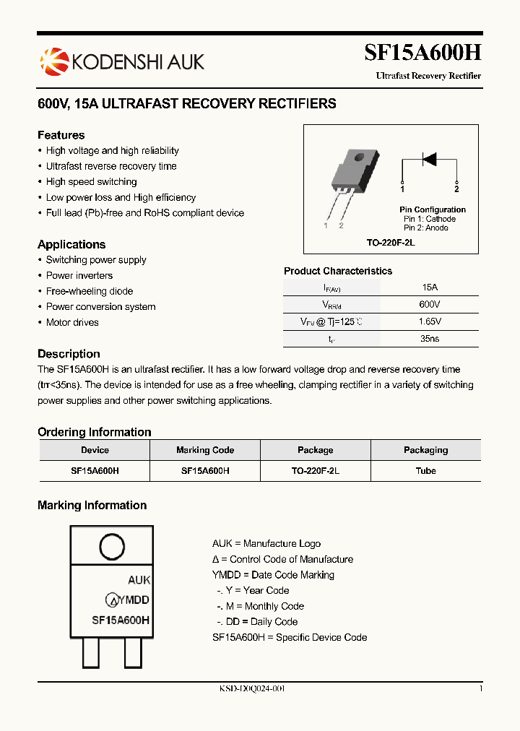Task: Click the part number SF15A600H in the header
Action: coord(422,53)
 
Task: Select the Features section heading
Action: coord(61,135)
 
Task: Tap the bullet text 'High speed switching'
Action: coord(91,182)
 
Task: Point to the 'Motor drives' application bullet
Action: coord(72,322)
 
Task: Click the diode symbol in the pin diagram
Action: coord(429,159)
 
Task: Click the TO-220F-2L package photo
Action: coord(351,177)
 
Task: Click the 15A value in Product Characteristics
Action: coord(429,287)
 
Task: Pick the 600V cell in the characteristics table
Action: coord(429,304)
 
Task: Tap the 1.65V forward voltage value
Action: coord(429,321)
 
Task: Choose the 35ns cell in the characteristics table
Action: coord(429,338)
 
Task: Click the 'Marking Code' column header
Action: coord(205,450)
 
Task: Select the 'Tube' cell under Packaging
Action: coord(425,470)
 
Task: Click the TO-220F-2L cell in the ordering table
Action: coord(316,470)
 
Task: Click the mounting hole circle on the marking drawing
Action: coord(112,547)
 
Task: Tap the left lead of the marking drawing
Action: coord(90,653)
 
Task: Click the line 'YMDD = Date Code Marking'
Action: coord(273,575)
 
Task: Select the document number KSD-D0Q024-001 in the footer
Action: coord(252,688)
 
